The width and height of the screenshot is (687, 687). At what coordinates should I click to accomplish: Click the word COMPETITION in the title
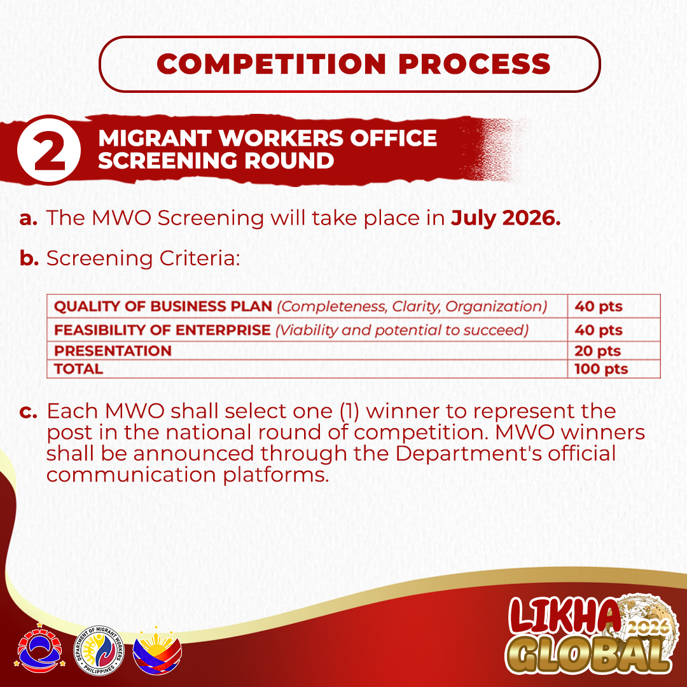click(271, 64)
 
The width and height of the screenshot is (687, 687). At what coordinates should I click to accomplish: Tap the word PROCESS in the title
click(475, 64)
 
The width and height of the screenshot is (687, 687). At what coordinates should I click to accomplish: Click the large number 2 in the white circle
click(50, 151)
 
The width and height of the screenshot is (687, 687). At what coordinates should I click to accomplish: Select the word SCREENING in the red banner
click(168, 160)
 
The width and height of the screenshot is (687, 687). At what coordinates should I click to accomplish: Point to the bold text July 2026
click(506, 218)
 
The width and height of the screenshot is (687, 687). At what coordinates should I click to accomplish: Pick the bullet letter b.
click(29, 258)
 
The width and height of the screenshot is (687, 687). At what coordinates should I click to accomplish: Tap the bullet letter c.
click(27, 412)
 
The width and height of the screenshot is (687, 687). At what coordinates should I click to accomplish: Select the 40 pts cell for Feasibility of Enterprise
click(599, 330)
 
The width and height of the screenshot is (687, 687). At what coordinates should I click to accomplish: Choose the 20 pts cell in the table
click(597, 351)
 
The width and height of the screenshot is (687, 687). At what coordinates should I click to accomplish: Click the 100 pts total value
click(601, 369)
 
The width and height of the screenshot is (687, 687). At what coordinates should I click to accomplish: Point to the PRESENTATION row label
click(113, 351)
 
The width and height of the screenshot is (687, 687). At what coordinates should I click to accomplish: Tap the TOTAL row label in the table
click(78, 369)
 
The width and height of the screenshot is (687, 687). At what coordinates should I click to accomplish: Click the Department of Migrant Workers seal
click(99, 651)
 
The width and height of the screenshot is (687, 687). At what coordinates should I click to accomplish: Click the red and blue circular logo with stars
click(40, 648)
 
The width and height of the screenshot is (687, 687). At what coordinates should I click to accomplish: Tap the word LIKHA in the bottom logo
click(564, 616)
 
